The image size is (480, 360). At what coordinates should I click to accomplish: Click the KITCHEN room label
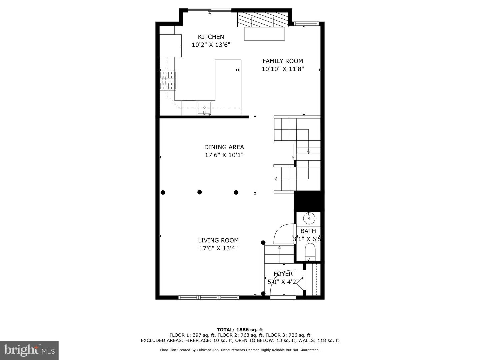click(x=211, y=37)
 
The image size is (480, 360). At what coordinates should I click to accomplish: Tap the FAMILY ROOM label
click(x=283, y=61)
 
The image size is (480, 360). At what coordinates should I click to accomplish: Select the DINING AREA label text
click(x=224, y=147)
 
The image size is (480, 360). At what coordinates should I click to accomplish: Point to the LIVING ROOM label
click(x=218, y=240)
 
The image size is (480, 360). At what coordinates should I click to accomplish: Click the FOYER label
click(x=283, y=274)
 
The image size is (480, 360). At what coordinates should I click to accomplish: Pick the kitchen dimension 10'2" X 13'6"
click(x=211, y=45)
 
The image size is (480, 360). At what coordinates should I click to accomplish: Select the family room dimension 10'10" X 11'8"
click(x=283, y=69)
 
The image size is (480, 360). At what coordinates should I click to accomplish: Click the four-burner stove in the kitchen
click(x=168, y=80)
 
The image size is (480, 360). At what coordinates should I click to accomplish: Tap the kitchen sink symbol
click(x=204, y=108)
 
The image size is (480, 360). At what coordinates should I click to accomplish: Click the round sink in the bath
click(x=309, y=218)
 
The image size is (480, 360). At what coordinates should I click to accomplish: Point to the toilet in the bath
click(x=310, y=252)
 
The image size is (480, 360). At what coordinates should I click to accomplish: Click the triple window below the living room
click(x=209, y=297)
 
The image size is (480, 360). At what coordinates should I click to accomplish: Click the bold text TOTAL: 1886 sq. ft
click(x=240, y=330)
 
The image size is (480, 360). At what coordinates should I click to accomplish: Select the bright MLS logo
click(x=29, y=350)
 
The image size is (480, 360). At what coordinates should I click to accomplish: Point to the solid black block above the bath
click(x=309, y=201)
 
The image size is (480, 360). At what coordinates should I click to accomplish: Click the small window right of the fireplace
click(x=305, y=24)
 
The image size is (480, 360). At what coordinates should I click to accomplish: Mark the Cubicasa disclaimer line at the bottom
click(x=240, y=350)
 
